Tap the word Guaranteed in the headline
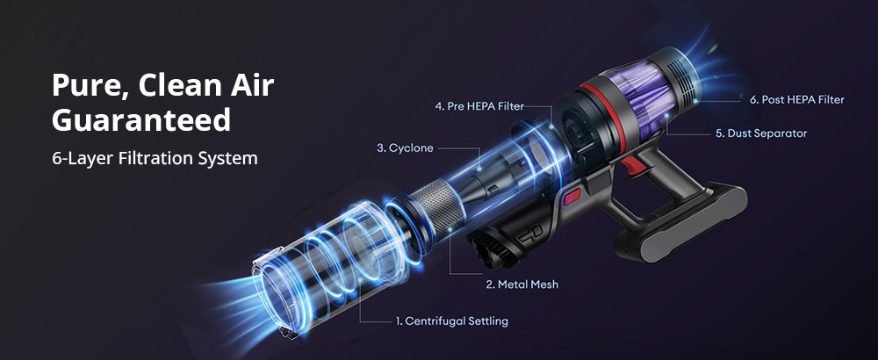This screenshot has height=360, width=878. pos(141,120)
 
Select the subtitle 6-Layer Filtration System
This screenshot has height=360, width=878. pos(155,159)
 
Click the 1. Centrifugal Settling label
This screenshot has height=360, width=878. pos(450,321)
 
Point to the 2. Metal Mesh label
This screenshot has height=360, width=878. pos(522,284)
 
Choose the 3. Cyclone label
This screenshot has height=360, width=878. pos(405,148)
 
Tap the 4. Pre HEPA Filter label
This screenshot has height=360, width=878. pos(479,106)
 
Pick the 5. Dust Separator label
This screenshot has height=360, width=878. pos(760,133)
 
